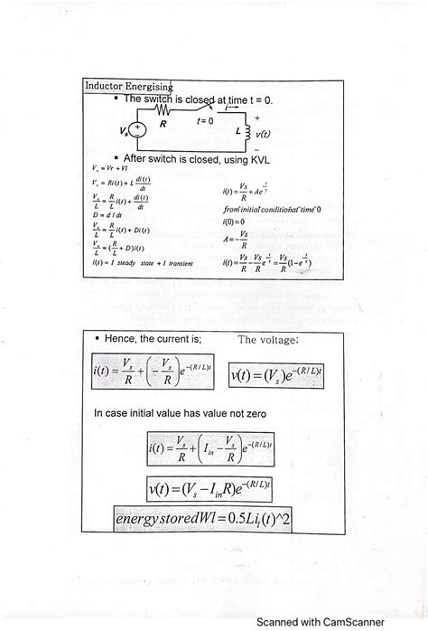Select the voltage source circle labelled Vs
pos(137,129)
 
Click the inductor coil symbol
pos(247,129)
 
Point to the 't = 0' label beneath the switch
pos(205,120)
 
